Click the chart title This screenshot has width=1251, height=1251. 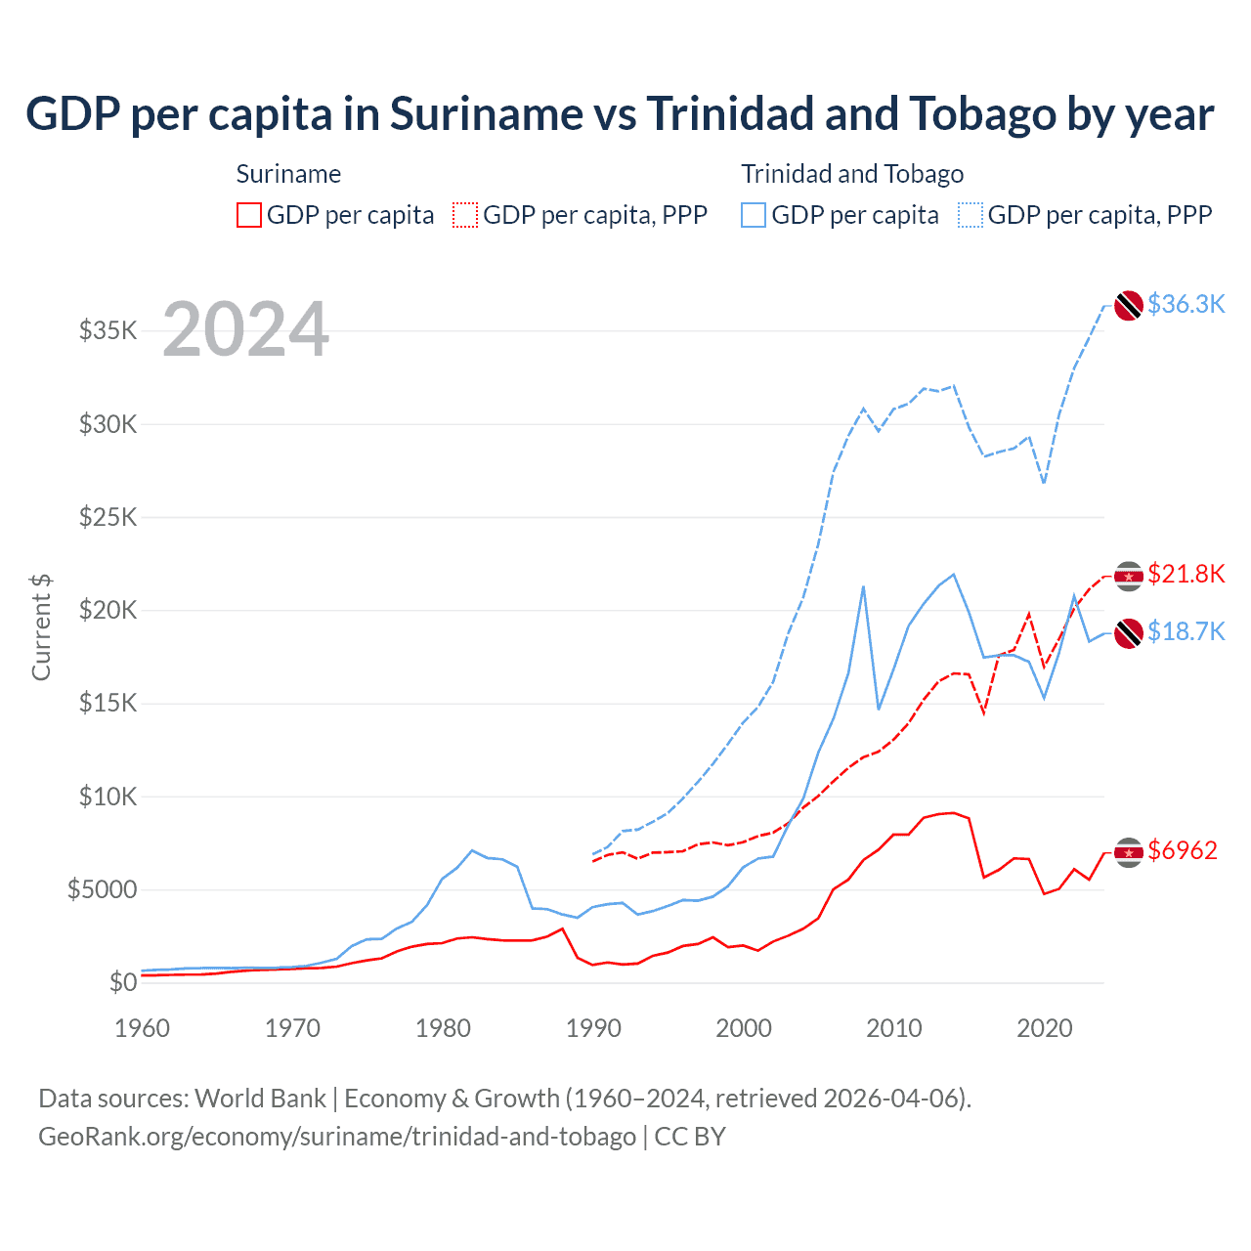coord(620,114)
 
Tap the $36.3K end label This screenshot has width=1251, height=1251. coord(1186,304)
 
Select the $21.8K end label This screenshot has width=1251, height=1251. coord(1186,574)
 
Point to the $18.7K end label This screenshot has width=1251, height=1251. coord(1186,631)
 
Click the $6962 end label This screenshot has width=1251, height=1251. coord(1183,850)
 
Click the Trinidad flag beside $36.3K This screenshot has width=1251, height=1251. coord(1129,305)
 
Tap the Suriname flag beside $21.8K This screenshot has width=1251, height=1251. coord(1129,577)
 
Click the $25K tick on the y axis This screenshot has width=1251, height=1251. coord(108,516)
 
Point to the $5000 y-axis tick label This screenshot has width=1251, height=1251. coord(102,889)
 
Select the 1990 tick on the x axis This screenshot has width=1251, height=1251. coord(593,1028)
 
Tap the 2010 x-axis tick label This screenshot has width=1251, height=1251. coord(894,1028)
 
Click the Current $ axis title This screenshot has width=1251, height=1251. coord(41,627)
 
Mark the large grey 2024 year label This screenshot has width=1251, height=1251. coord(245,329)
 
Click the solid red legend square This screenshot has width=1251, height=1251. coord(249,215)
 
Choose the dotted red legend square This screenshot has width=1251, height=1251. coord(465,215)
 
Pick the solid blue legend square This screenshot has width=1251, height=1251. coord(754,215)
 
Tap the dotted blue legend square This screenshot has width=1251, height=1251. coord(971,215)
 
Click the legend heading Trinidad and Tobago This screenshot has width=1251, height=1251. coord(852,174)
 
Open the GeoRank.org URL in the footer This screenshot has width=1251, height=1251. coord(337,1137)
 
